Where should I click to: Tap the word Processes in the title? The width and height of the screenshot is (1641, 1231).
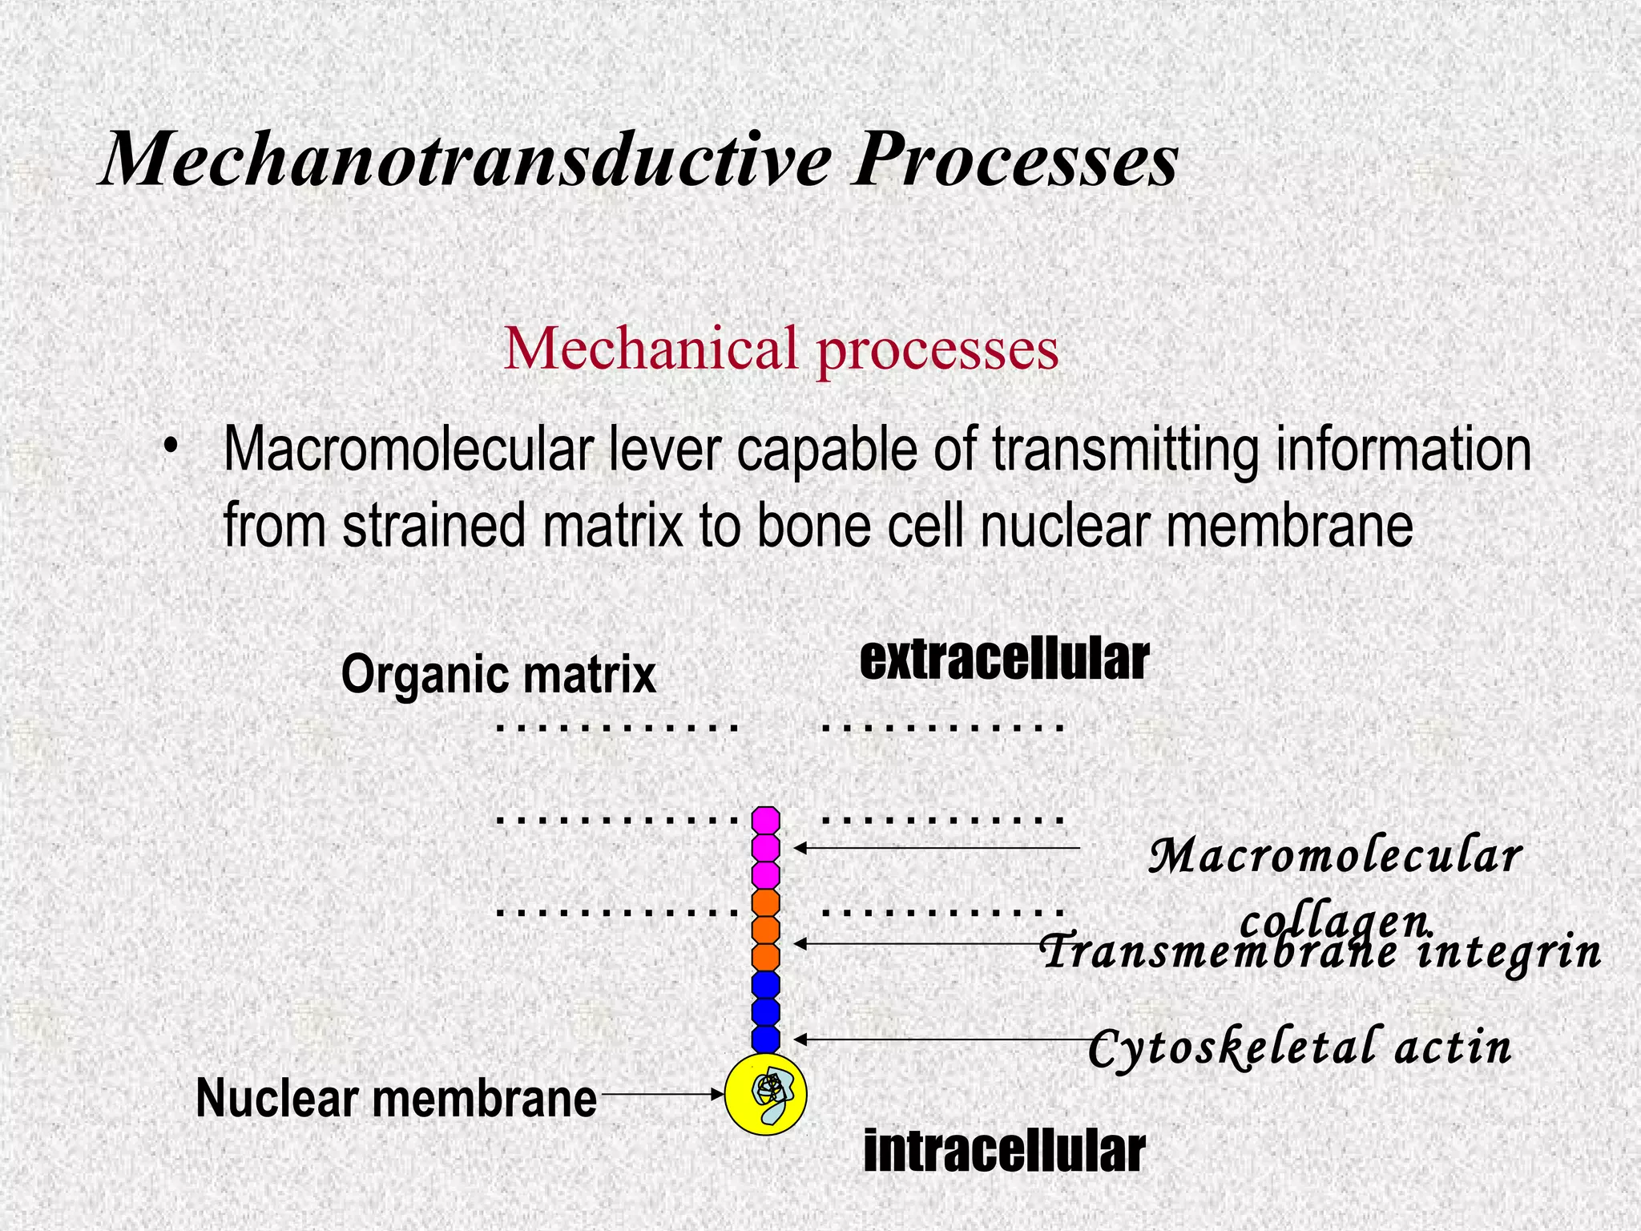point(1014,160)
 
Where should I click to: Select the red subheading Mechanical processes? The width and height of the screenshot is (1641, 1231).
point(781,349)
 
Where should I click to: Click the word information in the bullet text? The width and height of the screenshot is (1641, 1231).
point(1403,450)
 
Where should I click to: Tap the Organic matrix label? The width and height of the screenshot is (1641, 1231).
point(498,675)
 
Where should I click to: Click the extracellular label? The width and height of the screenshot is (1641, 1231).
point(1004,660)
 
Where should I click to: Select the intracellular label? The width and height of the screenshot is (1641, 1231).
point(1004,1152)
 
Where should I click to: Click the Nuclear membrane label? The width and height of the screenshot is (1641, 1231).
point(397,1098)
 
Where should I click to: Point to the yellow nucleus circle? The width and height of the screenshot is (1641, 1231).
point(765,1095)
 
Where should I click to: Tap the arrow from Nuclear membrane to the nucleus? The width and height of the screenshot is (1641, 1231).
point(662,1094)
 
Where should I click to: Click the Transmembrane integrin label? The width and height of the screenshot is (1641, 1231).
point(1320,952)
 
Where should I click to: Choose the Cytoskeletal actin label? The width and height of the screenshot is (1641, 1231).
point(1300,1048)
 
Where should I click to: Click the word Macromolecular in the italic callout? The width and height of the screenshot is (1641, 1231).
point(1335,856)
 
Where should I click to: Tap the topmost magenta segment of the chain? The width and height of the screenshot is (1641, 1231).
point(766,821)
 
